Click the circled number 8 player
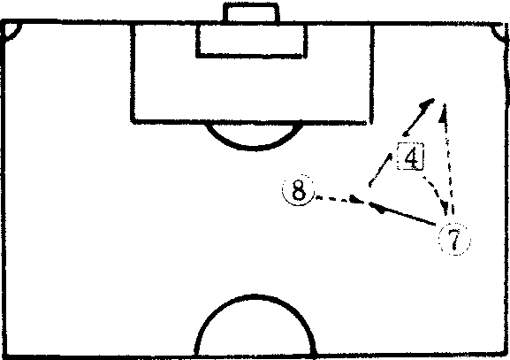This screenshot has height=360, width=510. [298, 190]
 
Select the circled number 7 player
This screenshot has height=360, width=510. [454, 239]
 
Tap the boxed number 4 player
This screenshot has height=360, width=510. [410, 157]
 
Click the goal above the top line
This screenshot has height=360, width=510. [251, 12]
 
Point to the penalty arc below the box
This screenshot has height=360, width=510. [254, 148]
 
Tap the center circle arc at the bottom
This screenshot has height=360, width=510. [255, 296]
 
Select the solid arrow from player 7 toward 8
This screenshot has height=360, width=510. [402, 213]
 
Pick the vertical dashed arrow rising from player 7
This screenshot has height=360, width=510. [447, 159]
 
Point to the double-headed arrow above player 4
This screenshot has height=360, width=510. [418, 118]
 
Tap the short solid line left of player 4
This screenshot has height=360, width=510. [380, 169]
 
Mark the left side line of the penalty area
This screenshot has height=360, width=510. [133, 73]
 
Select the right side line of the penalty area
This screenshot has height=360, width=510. [371, 73]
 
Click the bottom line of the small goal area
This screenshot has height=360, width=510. [251, 57]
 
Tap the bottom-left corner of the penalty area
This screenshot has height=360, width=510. [133, 121]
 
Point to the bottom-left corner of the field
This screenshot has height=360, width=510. [4, 356]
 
